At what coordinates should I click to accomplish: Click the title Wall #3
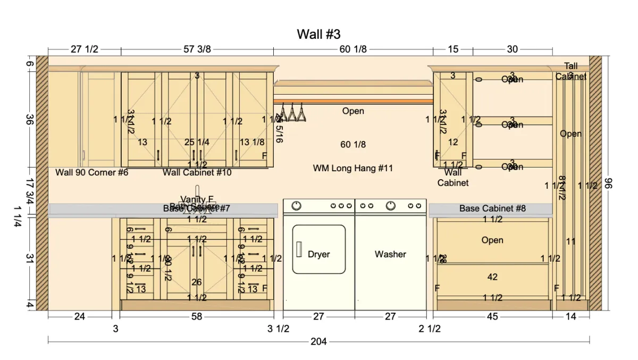tap(318, 35)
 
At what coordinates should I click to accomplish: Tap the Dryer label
tap(319, 254)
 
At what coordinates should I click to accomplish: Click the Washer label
tap(390, 254)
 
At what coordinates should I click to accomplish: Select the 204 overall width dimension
tap(318, 341)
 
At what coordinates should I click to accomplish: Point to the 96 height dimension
tap(609, 184)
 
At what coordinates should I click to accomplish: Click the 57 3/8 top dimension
tap(197, 49)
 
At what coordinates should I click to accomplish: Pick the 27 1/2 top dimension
tap(85, 49)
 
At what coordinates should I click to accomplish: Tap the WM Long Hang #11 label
tap(353, 169)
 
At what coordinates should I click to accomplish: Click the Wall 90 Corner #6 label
tap(92, 173)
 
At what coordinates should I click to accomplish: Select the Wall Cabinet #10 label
tap(197, 173)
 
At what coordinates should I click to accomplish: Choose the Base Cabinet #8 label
tap(492, 208)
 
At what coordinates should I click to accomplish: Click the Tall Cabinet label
tap(571, 71)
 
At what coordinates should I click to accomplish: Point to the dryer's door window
tap(319, 249)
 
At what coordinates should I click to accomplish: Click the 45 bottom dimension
tap(492, 317)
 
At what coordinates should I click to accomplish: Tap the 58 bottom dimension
tap(197, 317)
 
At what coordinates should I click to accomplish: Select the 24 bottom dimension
tap(79, 317)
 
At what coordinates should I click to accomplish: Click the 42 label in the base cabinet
tap(492, 277)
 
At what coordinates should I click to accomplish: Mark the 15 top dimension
tap(453, 49)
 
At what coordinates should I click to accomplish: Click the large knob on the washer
tap(391, 205)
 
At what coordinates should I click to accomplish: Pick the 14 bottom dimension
tap(570, 317)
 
